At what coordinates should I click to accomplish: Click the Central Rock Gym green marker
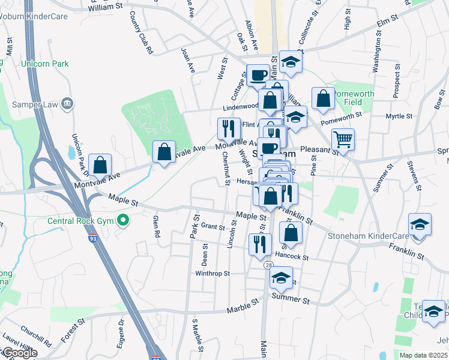pyautogui.click(x=123, y=221)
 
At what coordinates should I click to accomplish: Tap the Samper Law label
pyautogui.click(x=35, y=104)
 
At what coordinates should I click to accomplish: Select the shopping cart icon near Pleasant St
pyautogui.click(x=343, y=140)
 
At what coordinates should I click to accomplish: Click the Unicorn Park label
pyautogui.click(x=44, y=64)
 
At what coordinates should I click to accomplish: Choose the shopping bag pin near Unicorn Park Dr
pyautogui.click(x=100, y=164)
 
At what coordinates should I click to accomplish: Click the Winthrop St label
pyautogui.click(x=212, y=273)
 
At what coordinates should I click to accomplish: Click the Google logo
pyautogui.click(x=20, y=353)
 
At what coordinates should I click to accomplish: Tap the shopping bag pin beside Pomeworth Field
pyautogui.click(x=323, y=100)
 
